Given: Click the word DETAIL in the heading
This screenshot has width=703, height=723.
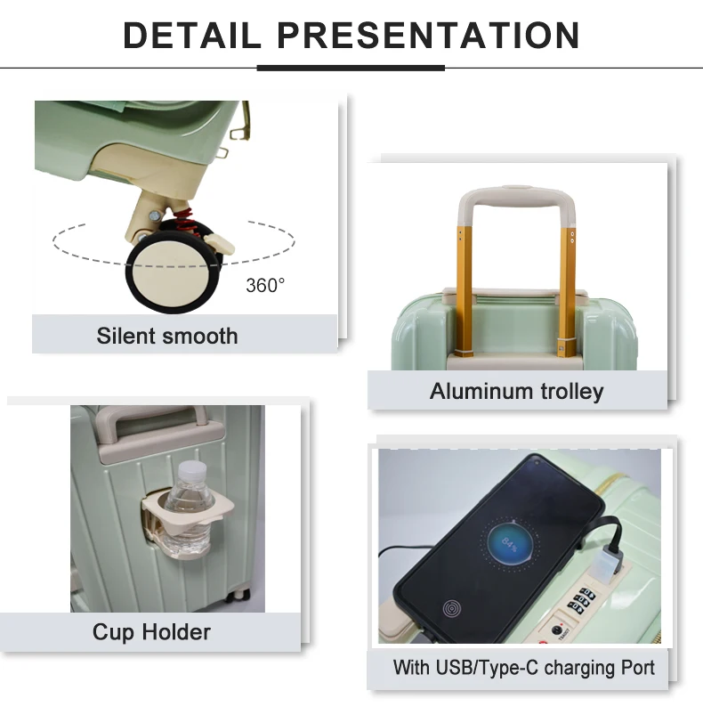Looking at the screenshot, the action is [192, 36].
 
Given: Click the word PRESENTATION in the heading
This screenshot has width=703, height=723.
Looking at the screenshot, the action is [428, 36].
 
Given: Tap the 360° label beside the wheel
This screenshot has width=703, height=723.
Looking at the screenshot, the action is [265, 286].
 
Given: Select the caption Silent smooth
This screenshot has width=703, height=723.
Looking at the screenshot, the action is [166, 336].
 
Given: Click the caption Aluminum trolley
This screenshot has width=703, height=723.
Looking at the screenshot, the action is [516, 392].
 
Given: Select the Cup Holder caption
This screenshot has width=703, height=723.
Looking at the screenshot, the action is [151, 631].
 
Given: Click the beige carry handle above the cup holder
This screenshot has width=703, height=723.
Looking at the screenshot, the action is [159, 426].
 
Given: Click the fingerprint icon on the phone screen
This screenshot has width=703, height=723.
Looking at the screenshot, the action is [452, 609].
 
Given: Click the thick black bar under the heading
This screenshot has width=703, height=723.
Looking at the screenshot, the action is [351, 69].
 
